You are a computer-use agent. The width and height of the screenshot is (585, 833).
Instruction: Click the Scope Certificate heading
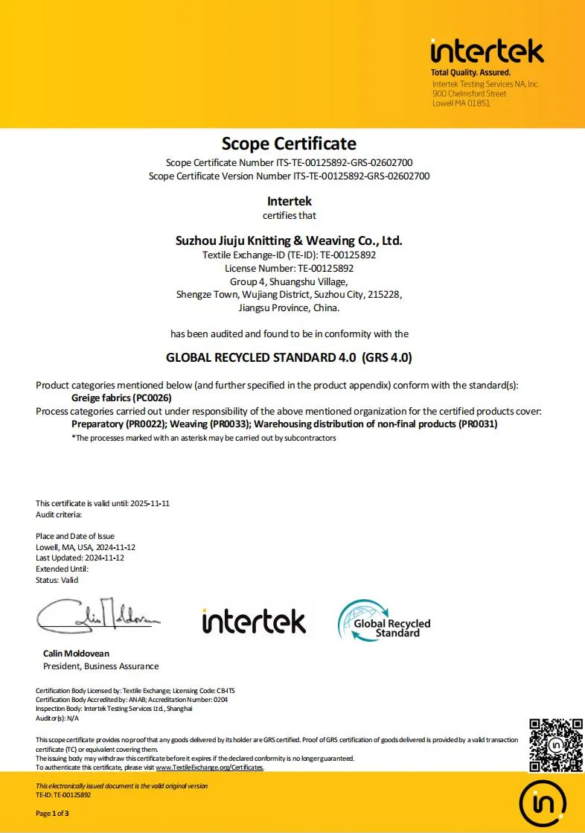289,143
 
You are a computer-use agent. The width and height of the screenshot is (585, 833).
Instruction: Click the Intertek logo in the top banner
487,51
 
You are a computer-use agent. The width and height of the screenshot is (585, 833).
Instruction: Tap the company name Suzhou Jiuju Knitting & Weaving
289,240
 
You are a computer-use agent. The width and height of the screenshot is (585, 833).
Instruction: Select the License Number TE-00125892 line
289,268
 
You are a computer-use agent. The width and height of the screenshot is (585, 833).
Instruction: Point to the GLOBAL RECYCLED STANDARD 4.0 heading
289,357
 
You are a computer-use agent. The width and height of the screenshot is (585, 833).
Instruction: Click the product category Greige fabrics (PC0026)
121,398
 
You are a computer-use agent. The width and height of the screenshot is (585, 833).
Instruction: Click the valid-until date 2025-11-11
150,503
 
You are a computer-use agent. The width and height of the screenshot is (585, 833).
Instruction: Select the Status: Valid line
57,580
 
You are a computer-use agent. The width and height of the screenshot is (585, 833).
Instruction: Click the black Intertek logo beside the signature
253,621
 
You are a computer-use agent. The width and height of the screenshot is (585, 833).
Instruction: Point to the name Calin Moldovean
76,654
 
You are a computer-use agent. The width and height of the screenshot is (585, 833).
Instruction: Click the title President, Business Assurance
100,666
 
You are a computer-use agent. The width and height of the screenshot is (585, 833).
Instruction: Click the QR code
555,745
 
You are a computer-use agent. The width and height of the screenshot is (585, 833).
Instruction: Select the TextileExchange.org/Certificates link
209,767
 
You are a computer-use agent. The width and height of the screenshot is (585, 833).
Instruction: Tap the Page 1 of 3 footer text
52,814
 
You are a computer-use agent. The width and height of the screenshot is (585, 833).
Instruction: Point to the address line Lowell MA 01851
461,103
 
